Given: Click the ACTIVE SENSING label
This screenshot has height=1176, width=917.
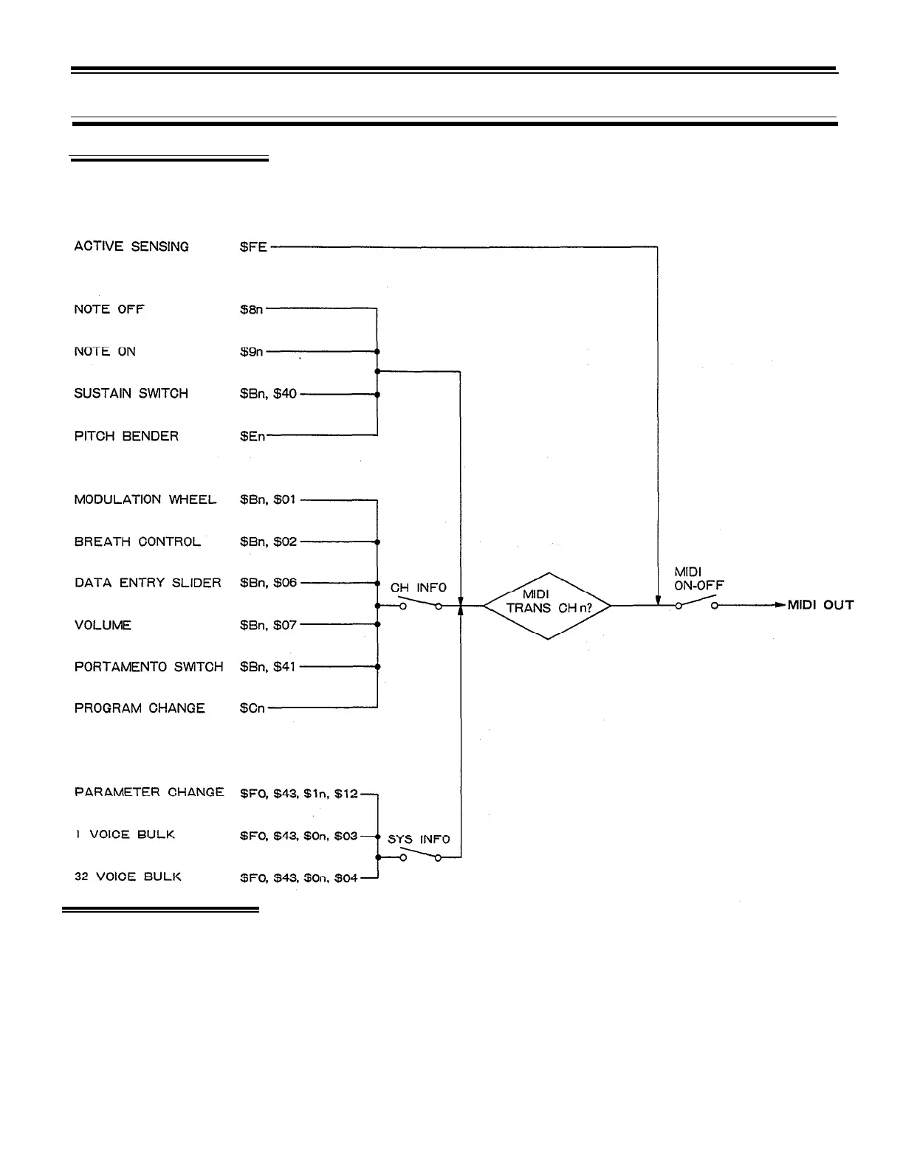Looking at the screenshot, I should pyautogui.click(x=131, y=246).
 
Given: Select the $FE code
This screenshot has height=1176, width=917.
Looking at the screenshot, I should pyautogui.click(x=253, y=246).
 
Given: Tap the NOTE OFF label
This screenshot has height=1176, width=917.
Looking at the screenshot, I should pyautogui.click(x=109, y=309).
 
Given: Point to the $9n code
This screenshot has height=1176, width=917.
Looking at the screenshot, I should pyautogui.click(x=251, y=352).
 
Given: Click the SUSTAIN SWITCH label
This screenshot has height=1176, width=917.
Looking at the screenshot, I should pyautogui.click(x=131, y=393).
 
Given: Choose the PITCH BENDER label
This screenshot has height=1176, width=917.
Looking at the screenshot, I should pyautogui.click(x=126, y=436).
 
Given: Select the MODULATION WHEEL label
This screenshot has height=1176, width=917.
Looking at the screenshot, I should pyautogui.click(x=145, y=499).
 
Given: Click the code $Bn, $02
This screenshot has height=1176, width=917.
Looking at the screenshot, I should pyautogui.click(x=268, y=542).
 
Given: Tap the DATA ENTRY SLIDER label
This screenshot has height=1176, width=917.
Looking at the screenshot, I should pyautogui.click(x=148, y=583).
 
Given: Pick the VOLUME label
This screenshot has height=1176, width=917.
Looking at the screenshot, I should pyautogui.click(x=103, y=625).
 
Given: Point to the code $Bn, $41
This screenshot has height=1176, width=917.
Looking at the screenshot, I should pyautogui.click(x=268, y=666).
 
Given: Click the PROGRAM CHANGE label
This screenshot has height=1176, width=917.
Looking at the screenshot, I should pyautogui.click(x=140, y=708).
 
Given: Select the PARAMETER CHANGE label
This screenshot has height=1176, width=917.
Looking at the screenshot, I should pyautogui.click(x=149, y=792).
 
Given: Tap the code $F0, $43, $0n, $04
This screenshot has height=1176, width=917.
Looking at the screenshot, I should pyautogui.click(x=299, y=877).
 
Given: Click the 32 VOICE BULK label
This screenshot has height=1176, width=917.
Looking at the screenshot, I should pyautogui.click(x=128, y=877).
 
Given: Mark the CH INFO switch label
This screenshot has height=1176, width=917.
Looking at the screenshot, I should pyautogui.click(x=419, y=587).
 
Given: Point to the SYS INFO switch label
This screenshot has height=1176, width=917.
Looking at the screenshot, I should pyautogui.click(x=419, y=840).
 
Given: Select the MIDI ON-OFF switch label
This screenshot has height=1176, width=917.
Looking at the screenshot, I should pyautogui.click(x=698, y=578).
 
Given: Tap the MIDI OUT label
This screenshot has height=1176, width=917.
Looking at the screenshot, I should pyautogui.click(x=820, y=605).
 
